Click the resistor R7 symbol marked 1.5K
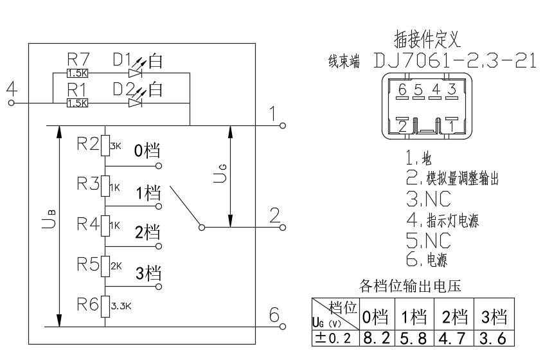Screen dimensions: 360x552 coord(76,73)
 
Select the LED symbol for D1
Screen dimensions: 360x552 coord(134,73)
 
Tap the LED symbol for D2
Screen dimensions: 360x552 coord(134,102)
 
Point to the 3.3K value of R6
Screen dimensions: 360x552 coord(121,307)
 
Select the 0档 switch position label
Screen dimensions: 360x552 coord(147,152)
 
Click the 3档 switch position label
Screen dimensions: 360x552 coord(147,272)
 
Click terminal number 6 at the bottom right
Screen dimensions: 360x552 coord(274,314)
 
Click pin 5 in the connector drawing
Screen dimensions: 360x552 coord(418,89)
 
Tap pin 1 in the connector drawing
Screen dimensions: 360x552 coord(453,126)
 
